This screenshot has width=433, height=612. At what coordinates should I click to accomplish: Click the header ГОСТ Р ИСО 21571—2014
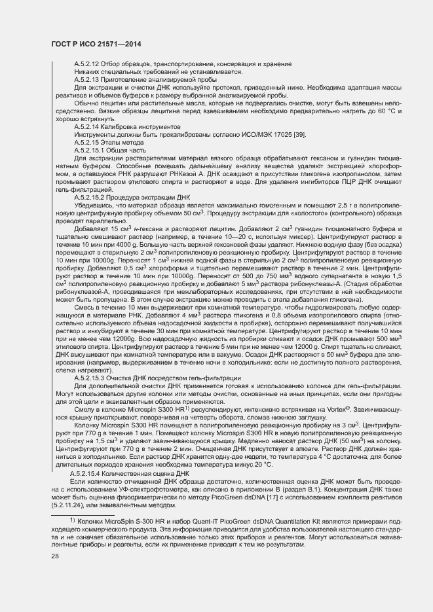pyautogui.click(x=96, y=44)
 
